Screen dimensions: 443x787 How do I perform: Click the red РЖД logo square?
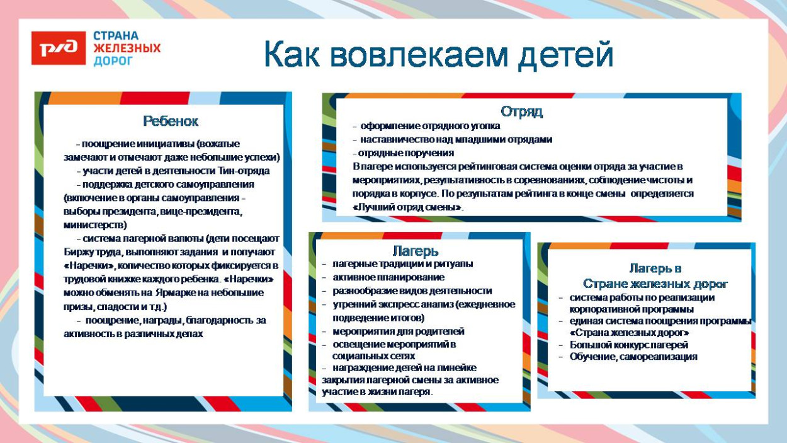58,48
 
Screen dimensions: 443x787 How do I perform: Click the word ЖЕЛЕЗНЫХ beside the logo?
127,49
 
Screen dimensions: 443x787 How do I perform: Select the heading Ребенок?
170,121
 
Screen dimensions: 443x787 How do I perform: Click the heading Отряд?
521,112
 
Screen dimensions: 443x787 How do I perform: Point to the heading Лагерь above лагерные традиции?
416,251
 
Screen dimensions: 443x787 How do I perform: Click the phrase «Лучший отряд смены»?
407,207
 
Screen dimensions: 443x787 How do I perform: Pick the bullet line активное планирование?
388,277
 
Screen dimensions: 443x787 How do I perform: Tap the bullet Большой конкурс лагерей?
628,345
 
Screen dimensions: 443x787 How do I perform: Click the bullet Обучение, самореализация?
633,357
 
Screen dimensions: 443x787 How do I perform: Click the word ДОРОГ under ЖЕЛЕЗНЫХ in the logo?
113,61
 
